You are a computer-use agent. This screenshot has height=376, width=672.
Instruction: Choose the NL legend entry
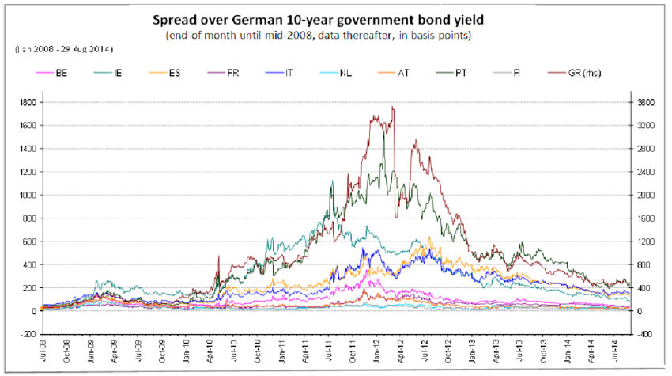coord(346,73)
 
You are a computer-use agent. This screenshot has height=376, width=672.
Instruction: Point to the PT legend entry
coord(460,73)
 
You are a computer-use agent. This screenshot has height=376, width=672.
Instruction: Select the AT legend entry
coord(403,73)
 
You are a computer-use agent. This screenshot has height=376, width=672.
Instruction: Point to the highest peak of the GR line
coord(392,108)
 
